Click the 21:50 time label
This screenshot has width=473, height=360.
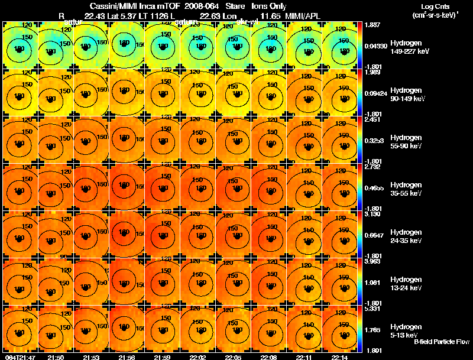pos(55,357)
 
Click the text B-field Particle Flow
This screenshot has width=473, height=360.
pos(441,342)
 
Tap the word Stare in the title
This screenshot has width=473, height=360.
pos(235,7)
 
